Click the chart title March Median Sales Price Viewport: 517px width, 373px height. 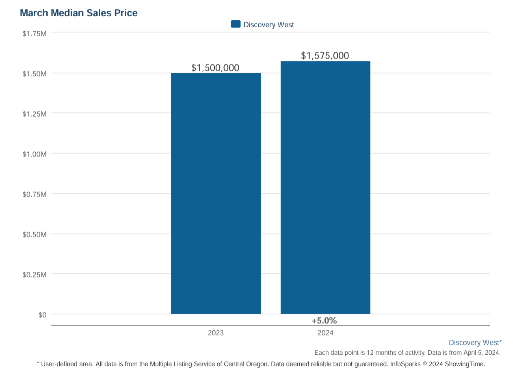tap(79, 13)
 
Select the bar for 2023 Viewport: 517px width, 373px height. tap(216, 193)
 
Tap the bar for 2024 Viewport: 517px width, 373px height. tap(325, 188)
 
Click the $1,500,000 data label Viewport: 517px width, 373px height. tap(215, 67)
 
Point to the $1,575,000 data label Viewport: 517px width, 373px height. tap(325, 56)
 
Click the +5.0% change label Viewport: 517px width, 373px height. tap(324, 321)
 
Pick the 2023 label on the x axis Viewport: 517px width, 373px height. tap(216, 333)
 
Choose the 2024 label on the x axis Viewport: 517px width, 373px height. tap(325, 333)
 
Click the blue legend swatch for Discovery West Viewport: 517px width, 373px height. tap(236, 24)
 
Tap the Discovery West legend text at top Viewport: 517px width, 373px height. tap(268, 25)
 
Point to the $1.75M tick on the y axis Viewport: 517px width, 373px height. tap(35, 33)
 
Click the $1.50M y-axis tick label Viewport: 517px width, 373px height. tap(35, 74)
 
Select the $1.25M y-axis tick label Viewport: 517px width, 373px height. tap(35, 114)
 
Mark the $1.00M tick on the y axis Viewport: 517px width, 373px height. tap(35, 154)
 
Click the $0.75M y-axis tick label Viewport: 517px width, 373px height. tap(35, 194)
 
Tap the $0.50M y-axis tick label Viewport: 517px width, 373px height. tap(35, 234)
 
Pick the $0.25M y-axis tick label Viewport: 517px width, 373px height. tap(35, 275)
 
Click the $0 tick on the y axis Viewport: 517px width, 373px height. tap(43, 315)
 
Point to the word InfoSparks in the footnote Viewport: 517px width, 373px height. tap(405, 364)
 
